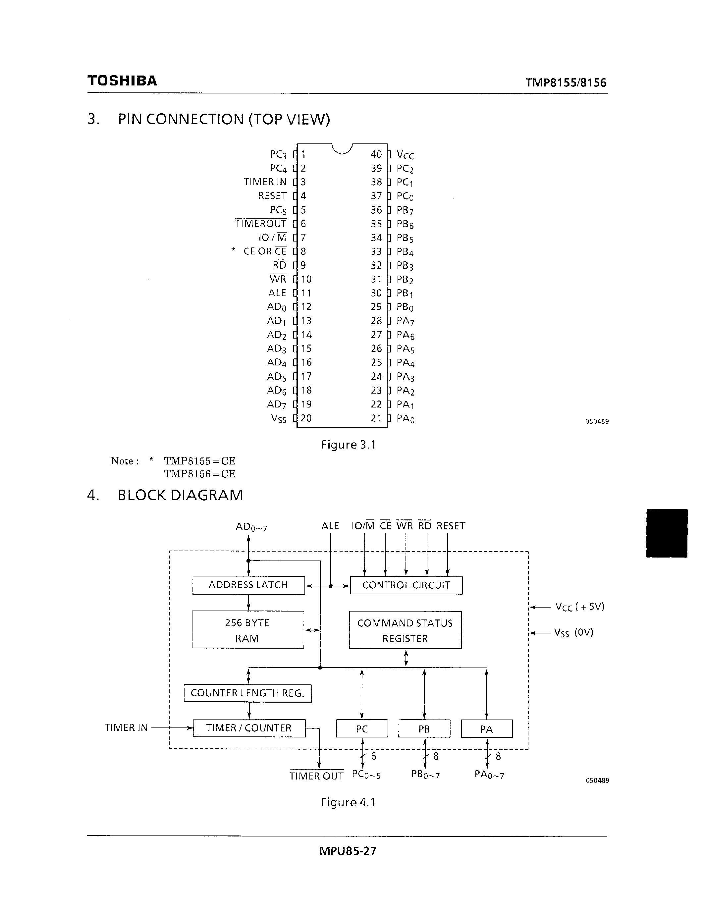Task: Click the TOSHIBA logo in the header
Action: (122, 80)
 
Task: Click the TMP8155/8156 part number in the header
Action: (566, 82)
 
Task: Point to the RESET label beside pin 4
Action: (272, 196)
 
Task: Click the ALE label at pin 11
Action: (277, 293)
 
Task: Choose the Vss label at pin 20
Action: (278, 418)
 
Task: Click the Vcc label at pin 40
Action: (405, 155)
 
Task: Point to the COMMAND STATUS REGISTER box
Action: (405, 630)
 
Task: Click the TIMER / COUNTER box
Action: (249, 728)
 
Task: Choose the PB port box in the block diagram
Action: (424, 729)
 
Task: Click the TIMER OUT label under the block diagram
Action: (316, 776)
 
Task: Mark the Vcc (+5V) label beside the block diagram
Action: (579, 607)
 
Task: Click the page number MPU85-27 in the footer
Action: (348, 851)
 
